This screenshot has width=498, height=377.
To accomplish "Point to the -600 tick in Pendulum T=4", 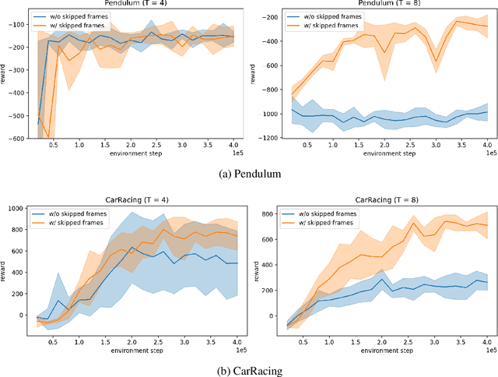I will click(16, 139).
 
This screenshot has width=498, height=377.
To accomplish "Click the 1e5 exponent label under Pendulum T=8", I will click(489, 153).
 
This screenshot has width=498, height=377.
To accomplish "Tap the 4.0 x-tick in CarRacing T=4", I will click(235, 341).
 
